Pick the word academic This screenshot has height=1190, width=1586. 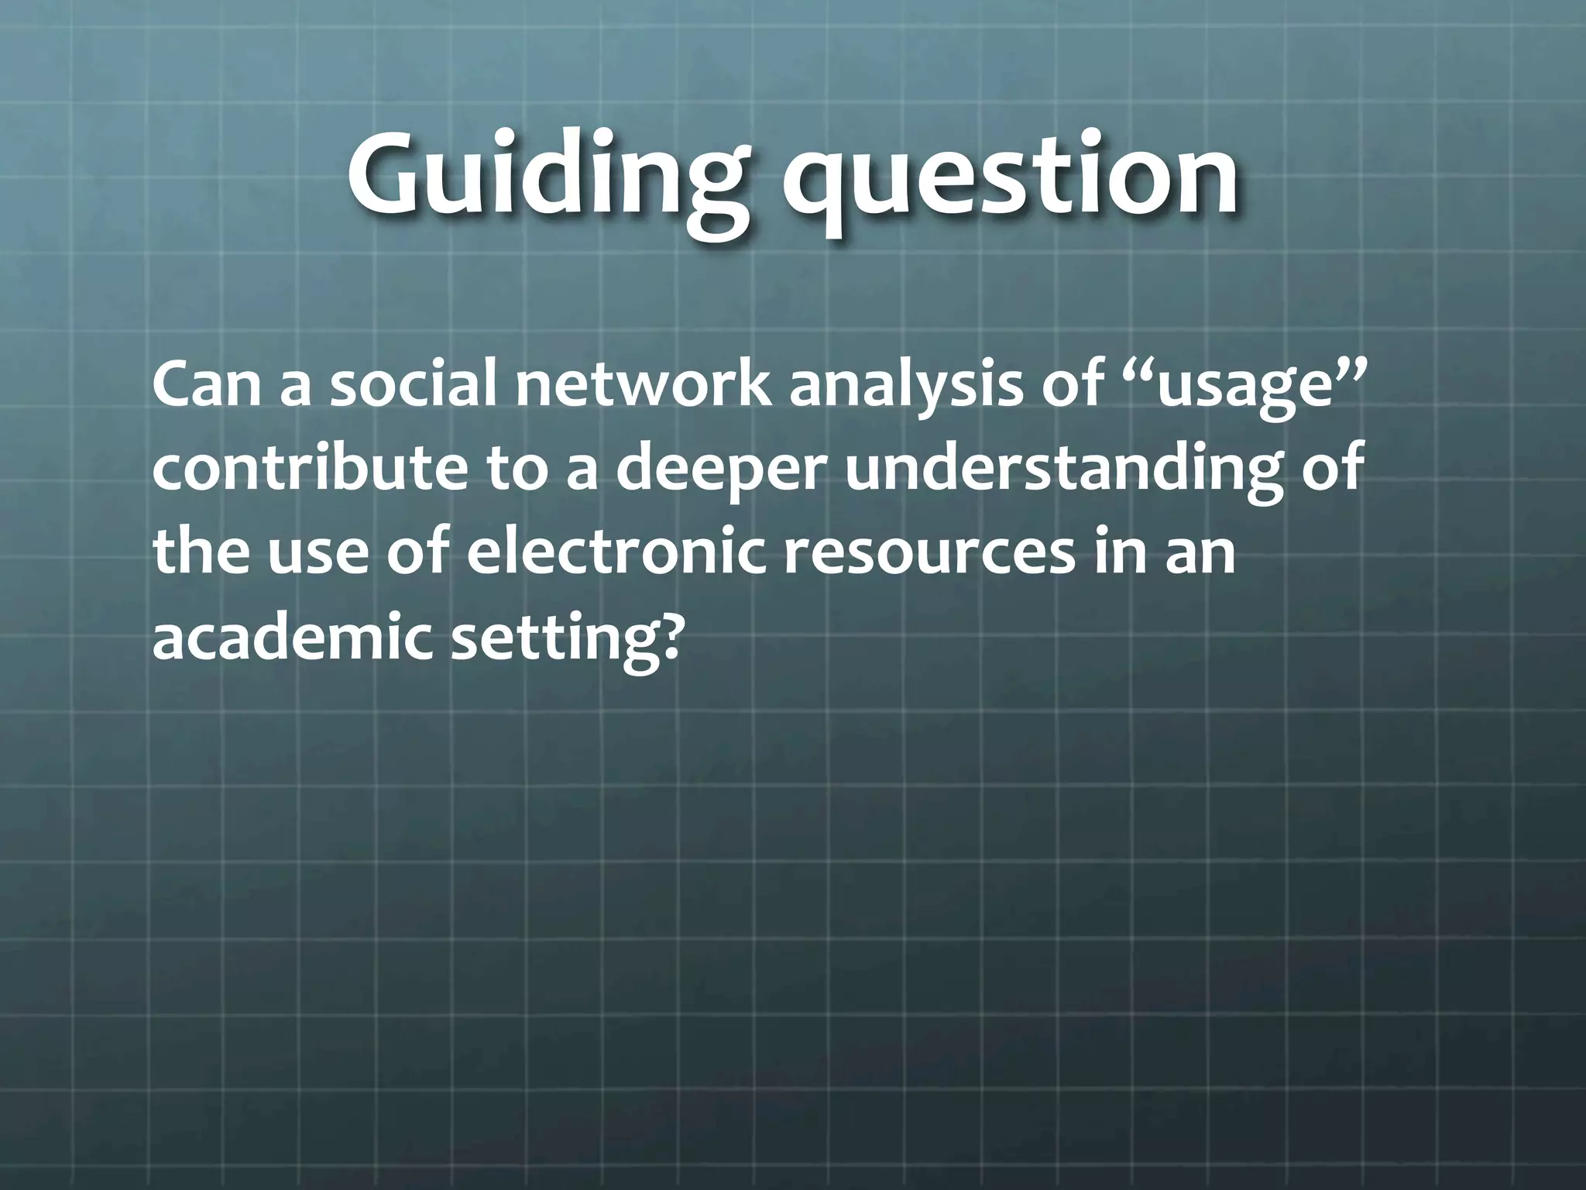pyautogui.click(x=291, y=636)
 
